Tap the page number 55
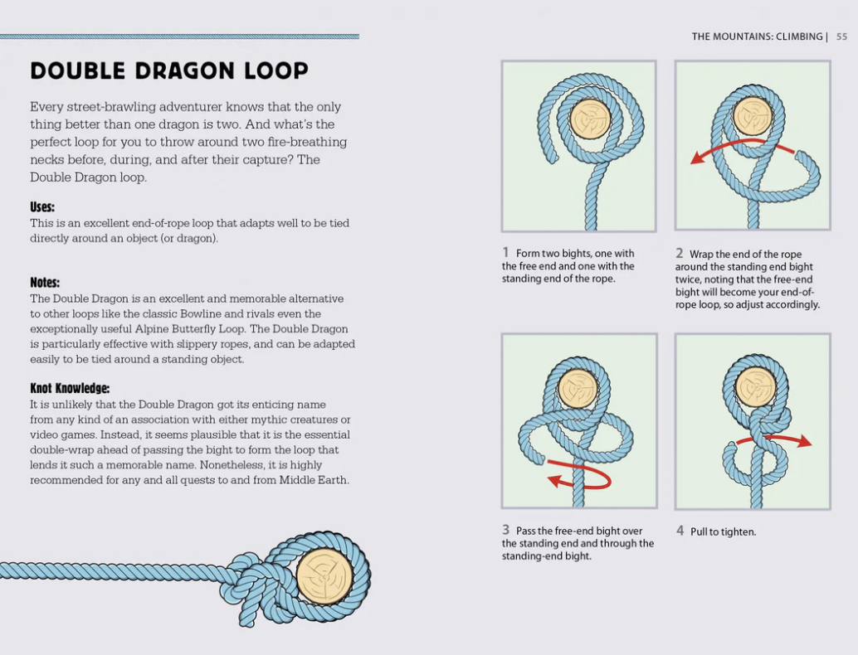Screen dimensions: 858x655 [841, 36]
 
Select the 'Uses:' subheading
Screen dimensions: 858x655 [42, 206]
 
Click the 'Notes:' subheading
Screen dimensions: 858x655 [45, 282]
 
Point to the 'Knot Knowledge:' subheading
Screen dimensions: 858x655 [70, 388]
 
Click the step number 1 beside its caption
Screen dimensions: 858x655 [505, 252]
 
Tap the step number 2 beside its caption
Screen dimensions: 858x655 [679, 253]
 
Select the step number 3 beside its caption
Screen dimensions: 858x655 [505, 530]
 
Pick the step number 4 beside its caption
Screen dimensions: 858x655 [680, 531]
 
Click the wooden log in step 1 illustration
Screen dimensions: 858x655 [590, 119]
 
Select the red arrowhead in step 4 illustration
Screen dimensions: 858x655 [803, 440]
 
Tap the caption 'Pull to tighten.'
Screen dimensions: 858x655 [723, 531]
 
